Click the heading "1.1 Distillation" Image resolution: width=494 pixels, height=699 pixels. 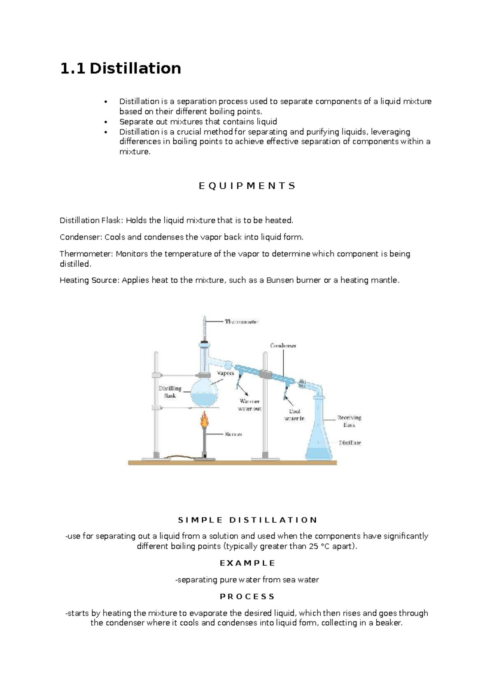121,68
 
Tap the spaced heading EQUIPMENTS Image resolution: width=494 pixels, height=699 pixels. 247,186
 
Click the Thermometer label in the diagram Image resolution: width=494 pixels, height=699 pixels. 242,321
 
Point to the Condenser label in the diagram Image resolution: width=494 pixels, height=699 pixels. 283,345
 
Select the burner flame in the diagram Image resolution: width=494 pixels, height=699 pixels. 205,421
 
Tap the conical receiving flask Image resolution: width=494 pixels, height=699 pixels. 319,437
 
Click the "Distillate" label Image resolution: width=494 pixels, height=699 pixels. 350,443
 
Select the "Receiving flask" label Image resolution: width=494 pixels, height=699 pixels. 349,421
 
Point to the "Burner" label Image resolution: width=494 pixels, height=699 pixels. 233,434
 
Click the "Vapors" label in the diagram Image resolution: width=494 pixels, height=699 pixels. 226,373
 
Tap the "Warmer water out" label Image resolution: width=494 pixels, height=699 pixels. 249,405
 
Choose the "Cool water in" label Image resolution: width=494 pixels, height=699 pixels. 295,415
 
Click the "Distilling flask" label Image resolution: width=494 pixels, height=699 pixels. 170,392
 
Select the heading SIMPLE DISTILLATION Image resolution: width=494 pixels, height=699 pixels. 247,520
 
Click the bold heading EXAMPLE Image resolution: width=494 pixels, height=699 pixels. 247,563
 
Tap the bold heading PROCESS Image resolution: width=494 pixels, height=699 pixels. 247,596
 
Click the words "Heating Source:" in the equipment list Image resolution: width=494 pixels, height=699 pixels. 89,280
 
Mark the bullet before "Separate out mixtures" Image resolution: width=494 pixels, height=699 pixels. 106,122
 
